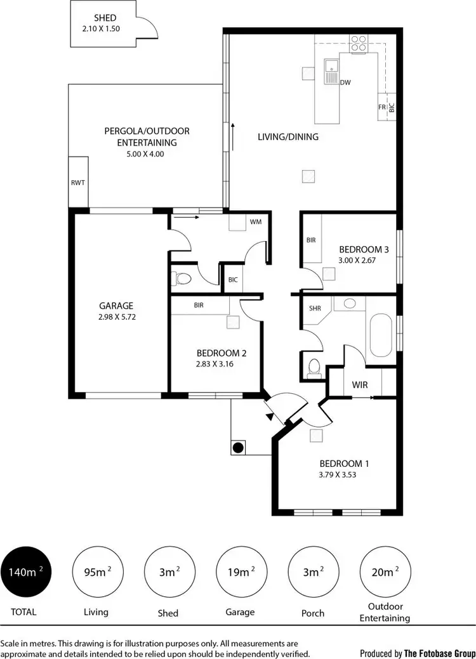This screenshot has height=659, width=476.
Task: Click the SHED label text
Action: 105,18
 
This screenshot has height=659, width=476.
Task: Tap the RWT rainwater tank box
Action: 78,182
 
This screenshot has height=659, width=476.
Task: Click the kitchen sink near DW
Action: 331,70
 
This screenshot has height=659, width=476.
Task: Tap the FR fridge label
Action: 382,108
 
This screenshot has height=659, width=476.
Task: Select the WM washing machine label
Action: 256,222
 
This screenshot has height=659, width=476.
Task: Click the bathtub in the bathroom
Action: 381,333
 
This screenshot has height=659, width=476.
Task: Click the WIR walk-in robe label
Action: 359,385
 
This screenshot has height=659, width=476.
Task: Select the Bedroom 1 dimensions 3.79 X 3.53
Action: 336,474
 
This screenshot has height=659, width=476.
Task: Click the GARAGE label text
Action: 116,305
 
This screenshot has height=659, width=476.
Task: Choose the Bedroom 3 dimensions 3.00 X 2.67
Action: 359,260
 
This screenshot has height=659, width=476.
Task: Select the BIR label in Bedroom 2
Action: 199,305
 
